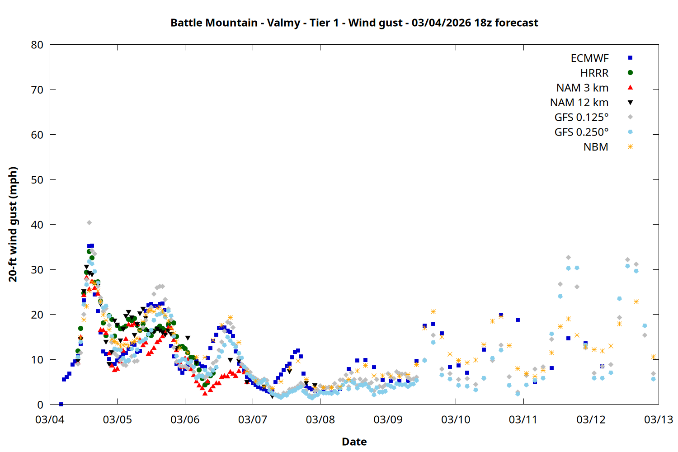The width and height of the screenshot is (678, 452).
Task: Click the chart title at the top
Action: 354,23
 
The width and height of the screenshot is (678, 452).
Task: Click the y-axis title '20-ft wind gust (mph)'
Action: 13,224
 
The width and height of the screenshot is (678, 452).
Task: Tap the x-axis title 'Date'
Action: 354,442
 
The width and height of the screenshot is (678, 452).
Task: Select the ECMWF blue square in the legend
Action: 630,58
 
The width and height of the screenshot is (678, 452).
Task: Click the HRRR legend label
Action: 594,73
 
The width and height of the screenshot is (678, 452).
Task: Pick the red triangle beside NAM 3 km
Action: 630,87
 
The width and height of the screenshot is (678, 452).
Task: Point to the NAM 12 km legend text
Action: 579,103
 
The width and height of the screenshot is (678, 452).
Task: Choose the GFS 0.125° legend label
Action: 581,118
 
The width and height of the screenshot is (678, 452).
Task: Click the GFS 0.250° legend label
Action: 581,132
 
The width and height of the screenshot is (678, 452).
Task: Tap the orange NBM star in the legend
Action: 630,147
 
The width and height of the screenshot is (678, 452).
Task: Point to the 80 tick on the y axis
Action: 38,45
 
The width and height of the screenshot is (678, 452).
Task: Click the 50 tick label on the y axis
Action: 38,179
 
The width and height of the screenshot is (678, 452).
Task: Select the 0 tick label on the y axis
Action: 41,405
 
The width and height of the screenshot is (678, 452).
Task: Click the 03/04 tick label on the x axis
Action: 50,419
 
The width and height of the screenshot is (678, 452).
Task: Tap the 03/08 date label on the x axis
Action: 320,419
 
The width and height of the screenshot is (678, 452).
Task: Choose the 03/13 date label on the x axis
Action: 658,419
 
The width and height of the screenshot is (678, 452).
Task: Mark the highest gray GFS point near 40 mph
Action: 89,222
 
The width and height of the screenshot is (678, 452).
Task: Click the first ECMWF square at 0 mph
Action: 61,404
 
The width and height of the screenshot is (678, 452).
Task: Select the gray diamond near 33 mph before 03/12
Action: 568,257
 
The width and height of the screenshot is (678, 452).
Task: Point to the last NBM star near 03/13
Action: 653,357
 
